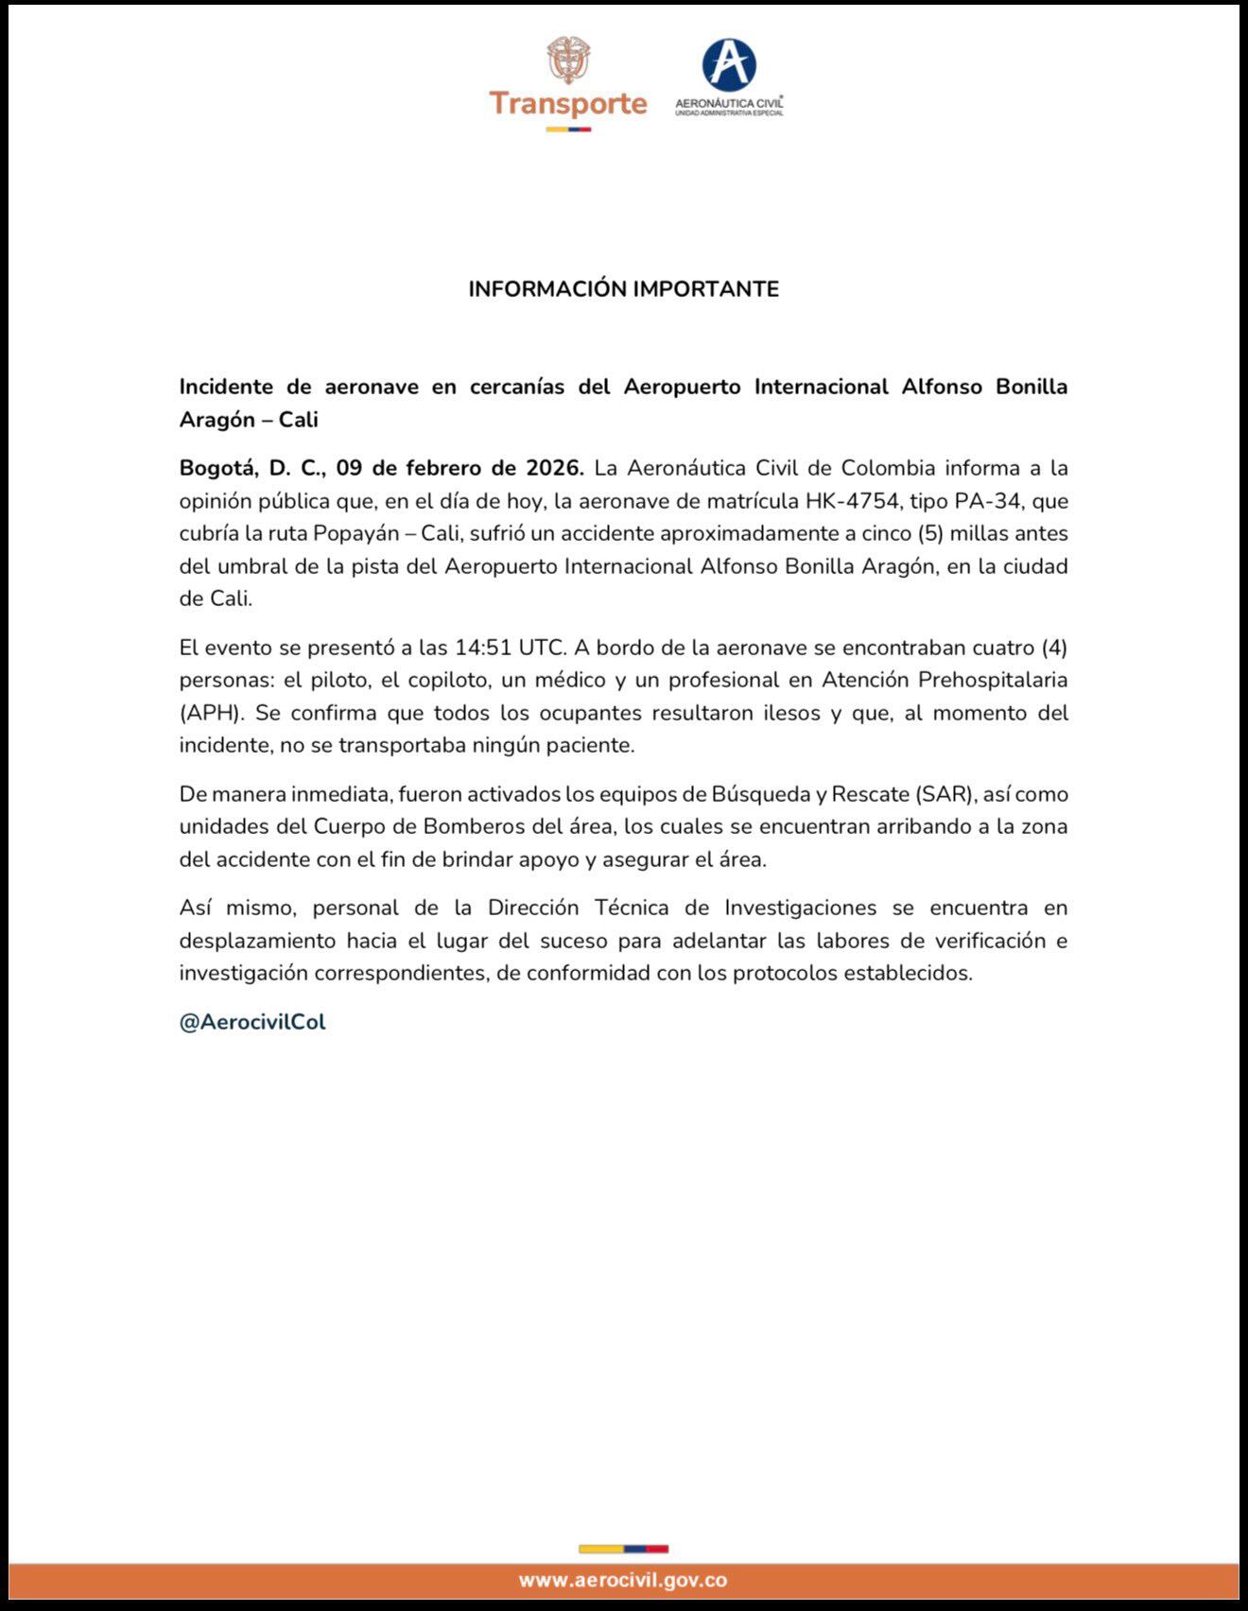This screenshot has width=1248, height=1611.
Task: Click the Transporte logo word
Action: (x=567, y=103)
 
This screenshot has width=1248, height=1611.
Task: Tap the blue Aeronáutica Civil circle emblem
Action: (x=729, y=65)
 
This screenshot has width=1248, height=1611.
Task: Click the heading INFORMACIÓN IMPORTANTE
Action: (x=623, y=289)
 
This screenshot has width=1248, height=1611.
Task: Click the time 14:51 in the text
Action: (x=482, y=648)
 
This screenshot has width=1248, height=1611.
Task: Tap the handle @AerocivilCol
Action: (x=252, y=1022)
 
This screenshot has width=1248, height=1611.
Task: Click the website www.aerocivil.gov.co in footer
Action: (x=623, y=1580)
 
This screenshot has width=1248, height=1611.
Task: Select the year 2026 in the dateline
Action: (x=555, y=468)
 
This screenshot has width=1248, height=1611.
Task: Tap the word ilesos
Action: (x=792, y=713)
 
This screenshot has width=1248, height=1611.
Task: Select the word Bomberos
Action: (x=474, y=826)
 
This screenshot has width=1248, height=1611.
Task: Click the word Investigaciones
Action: (x=801, y=908)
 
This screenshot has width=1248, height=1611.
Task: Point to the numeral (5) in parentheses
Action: (x=929, y=533)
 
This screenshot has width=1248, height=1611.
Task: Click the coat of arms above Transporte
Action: (x=568, y=60)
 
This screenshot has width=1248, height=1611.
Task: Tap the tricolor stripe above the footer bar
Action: (x=623, y=1549)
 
